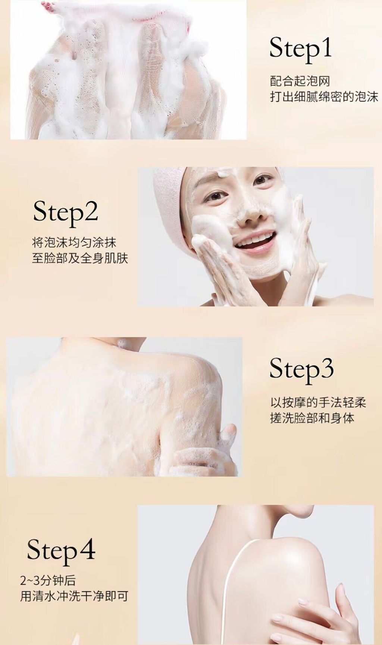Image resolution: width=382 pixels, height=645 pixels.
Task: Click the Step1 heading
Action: tap(300, 48)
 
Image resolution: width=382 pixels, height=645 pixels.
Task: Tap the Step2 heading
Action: tap(65, 212)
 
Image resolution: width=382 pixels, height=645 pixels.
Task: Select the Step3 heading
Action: tap(301, 369)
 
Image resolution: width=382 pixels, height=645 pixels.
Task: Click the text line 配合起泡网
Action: tap(300, 81)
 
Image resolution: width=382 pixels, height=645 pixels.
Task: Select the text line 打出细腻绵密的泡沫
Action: tap(324, 97)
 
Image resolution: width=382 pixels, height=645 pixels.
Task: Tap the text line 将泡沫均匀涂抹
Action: tap(74, 242)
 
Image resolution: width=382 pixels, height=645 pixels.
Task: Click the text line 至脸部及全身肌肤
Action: tap(80, 258)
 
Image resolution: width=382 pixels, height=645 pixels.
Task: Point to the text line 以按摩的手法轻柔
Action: tap(318, 402)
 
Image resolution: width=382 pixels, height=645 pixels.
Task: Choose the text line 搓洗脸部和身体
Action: tap(312, 418)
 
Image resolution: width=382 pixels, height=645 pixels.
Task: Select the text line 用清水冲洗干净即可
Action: tap(74, 596)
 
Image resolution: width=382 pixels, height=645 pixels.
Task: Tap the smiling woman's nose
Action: tap(249, 214)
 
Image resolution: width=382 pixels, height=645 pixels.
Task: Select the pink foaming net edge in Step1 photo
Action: tap(146, 16)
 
